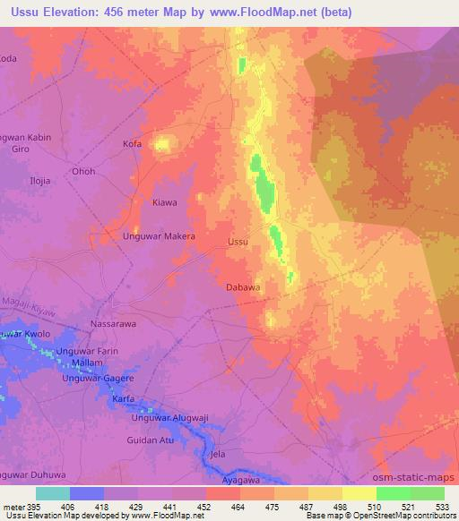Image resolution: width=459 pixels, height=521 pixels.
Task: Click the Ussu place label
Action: coord(238,242)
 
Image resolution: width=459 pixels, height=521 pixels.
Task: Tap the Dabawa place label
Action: coord(243,287)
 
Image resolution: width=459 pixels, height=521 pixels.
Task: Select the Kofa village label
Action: coord(132,143)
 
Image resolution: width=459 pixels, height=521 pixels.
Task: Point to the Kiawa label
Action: coord(165,202)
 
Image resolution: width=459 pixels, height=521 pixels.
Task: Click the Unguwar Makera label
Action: coord(159,236)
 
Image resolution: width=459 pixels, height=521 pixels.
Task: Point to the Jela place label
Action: coord(216,455)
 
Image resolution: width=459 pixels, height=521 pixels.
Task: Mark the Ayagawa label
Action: coord(242,481)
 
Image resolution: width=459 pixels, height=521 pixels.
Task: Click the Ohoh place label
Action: coord(84,171)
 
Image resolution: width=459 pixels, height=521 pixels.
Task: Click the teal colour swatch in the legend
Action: coord(53,493)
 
